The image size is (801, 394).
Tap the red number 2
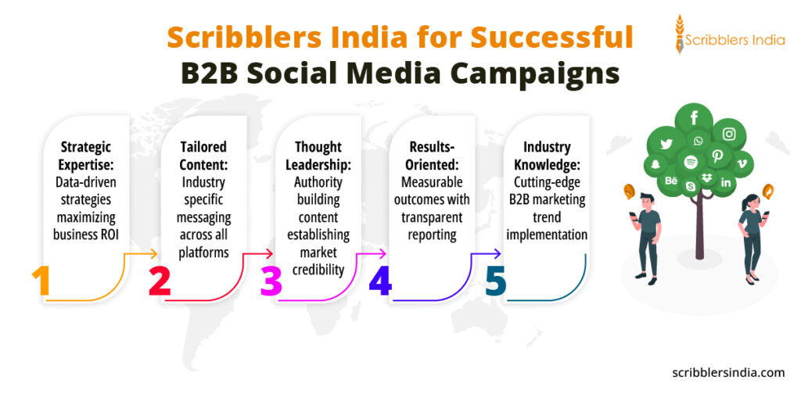(160, 282)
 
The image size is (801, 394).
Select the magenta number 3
(271, 282)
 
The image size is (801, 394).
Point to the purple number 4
(380, 282)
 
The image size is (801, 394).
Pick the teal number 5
(495, 282)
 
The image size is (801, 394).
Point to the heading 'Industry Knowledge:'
(547, 154)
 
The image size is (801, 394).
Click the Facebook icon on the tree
(694, 118)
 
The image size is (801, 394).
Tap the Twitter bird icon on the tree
(666, 144)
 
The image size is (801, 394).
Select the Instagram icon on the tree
(729, 134)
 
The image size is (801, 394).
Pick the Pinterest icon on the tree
(717, 156)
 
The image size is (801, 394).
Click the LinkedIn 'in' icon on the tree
(726, 182)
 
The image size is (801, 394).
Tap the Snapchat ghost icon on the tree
(655, 164)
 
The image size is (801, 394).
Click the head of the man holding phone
(647, 200)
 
